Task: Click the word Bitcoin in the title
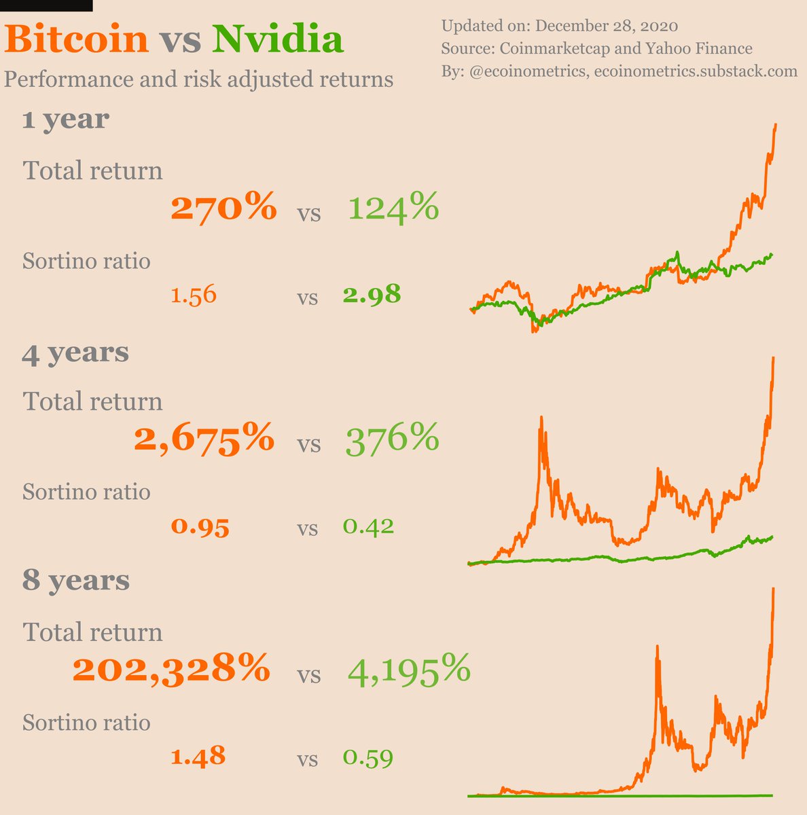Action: (77, 39)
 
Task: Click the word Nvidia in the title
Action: (277, 39)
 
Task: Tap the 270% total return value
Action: (223, 207)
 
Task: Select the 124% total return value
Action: (393, 207)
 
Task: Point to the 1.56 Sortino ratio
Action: (194, 295)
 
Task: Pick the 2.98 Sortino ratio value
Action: (372, 295)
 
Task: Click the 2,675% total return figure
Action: (204, 439)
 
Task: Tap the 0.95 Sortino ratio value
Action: (200, 527)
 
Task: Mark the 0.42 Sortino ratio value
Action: (368, 526)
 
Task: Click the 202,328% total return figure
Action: (171, 670)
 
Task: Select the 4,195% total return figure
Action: (409, 670)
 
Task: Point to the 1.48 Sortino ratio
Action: (198, 756)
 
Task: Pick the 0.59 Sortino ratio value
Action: (368, 757)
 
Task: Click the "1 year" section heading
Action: (65, 120)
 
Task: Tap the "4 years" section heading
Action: (75, 352)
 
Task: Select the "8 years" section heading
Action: (75, 581)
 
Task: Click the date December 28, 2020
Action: (607, 26)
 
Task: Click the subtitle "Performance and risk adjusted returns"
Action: (198, 79)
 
